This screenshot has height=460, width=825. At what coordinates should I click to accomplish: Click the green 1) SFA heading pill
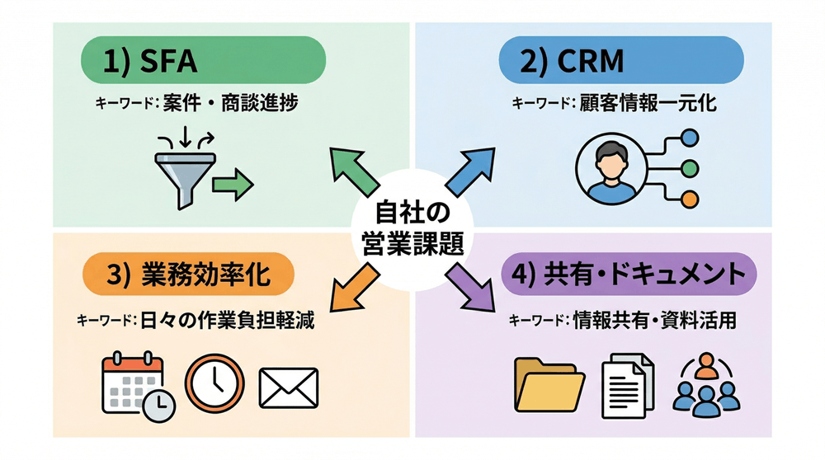pos(202,62)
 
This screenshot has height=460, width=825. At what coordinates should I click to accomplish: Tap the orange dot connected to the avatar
pos(691,199)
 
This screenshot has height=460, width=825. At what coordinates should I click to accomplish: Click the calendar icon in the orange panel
pos(132,384)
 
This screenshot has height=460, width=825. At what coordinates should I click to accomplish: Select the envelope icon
pos(288,386)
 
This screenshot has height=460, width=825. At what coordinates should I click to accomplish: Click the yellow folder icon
pos(543,386)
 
